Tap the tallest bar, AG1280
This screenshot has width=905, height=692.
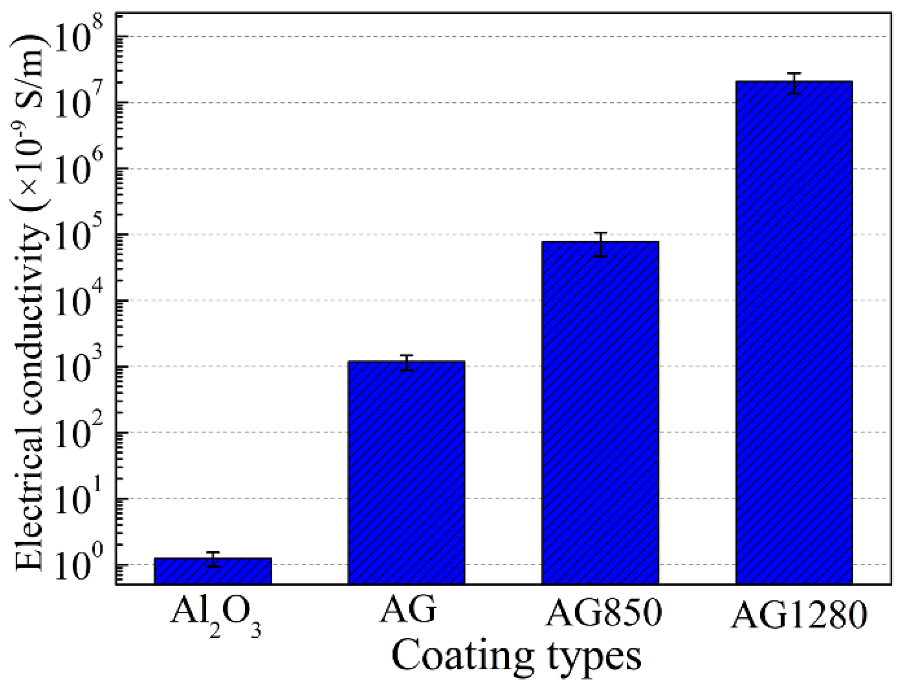click(794, 332)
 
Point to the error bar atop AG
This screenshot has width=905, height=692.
click(406, 363)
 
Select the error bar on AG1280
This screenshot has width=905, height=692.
click(794, 84)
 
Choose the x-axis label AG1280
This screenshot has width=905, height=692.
click(799, 615)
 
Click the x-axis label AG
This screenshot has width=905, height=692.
click(408, 610)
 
